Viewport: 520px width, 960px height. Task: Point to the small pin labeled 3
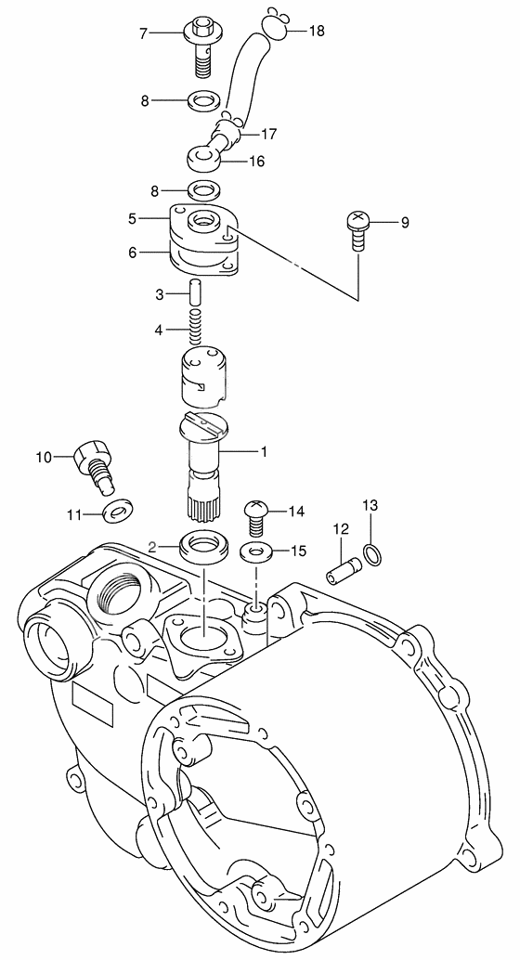point(195,292)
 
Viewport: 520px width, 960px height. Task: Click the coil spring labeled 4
point(195,329)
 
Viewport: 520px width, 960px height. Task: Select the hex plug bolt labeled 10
point(94,462)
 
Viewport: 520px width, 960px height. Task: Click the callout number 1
point(264,452)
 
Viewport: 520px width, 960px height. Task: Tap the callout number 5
point(134,218)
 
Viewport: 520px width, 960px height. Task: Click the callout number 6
point(134,252)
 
